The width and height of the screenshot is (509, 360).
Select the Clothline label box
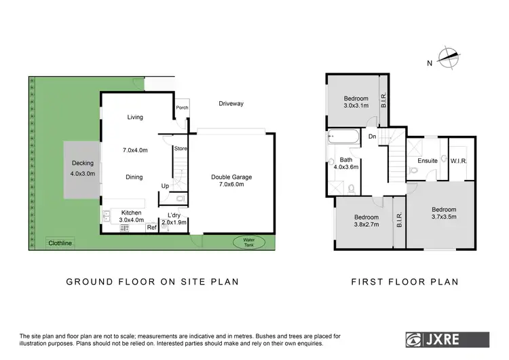pos(60,242)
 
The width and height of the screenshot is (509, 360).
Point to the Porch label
pos(181,107)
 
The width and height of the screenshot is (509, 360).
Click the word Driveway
pos(231,104)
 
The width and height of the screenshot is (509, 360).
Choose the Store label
pos(180,148)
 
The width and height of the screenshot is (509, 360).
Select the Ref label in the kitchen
pos(151,228)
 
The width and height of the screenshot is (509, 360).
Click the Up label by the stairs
pos(165,185)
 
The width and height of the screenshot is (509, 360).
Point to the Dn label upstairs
pos(372,137)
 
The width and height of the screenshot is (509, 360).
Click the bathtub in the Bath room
pos(345,137)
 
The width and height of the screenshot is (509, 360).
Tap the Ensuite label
pos(427,161)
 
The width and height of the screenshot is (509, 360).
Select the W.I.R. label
pos(459,161)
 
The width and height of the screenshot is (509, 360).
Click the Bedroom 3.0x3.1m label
pos(356,102)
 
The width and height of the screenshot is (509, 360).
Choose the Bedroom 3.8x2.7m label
pos(365,221)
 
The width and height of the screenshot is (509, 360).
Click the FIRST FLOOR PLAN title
pos(404,281)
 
